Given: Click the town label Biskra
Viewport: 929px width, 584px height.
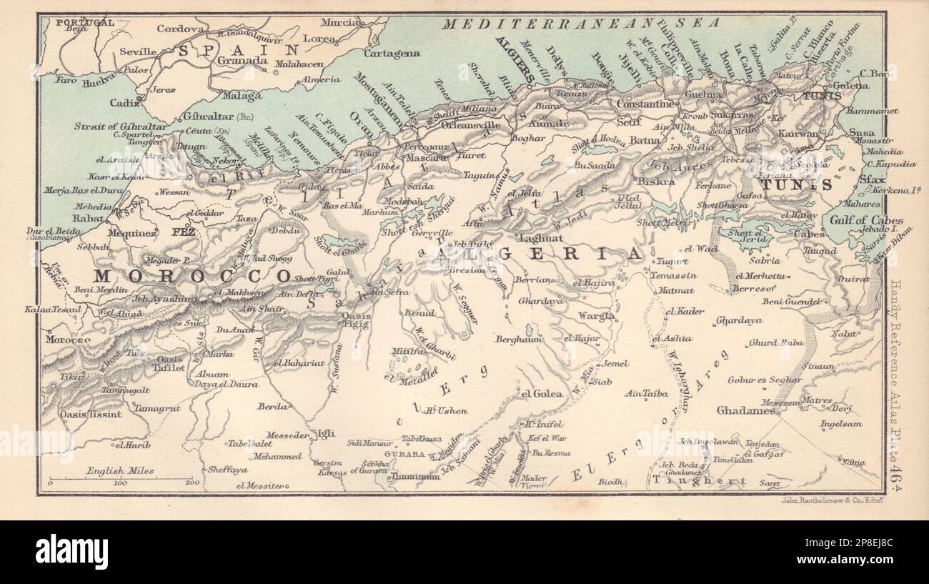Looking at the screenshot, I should tap(655, 182).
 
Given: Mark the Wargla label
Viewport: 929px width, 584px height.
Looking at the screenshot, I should tap(597, 315).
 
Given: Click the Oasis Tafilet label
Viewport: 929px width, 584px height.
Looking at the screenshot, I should tap(168, 362).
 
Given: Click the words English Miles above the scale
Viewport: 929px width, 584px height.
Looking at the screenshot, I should tap(119, 471).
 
